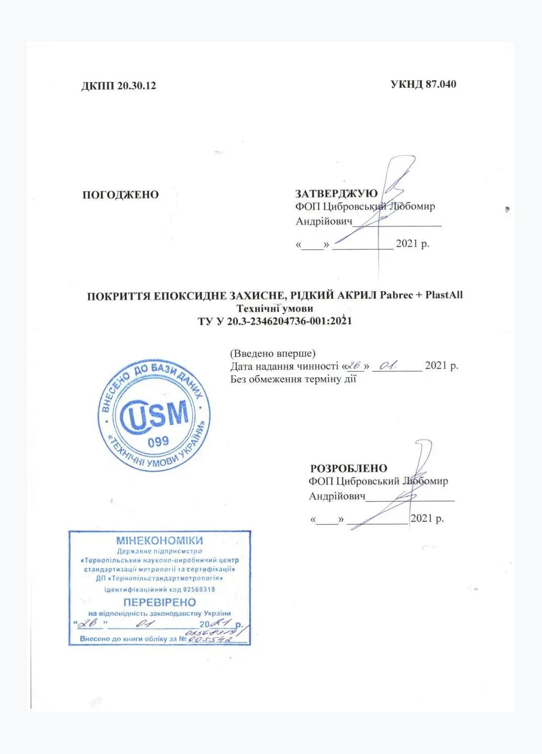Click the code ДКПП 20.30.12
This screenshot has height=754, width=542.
118,86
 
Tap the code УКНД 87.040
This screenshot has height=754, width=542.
423,84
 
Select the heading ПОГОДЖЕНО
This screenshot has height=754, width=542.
120,195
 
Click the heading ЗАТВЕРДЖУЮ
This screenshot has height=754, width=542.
336,194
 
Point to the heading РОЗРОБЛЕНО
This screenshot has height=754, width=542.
348,468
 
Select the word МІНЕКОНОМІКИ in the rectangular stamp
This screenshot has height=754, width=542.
159,540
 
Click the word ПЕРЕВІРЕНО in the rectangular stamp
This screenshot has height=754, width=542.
159,602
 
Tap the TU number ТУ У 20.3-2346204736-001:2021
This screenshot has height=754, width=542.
274,321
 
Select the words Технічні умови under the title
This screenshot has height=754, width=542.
274,308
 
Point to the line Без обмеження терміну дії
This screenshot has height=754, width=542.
293,379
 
